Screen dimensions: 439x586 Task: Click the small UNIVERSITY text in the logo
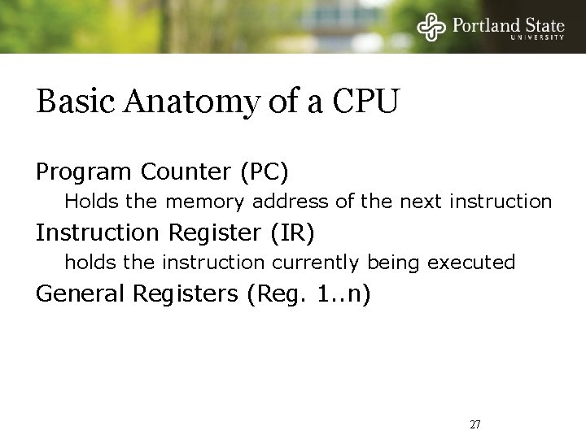pos(537,37)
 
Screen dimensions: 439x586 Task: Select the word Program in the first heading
pos(84,172)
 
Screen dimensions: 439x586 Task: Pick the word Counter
pos(186,172)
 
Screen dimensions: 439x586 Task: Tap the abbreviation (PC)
pos(263,172)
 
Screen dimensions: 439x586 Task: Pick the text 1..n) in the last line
pos(343,294)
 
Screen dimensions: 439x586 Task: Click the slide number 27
pos(475,424)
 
